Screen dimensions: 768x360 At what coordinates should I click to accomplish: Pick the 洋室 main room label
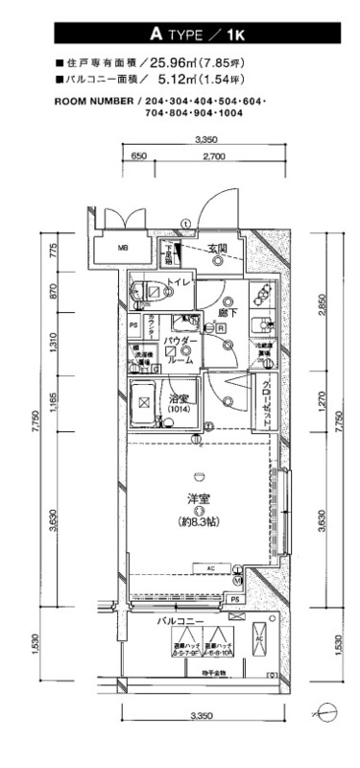pos(199,497)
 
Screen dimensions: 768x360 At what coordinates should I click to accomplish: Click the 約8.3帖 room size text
pos(199,522)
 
